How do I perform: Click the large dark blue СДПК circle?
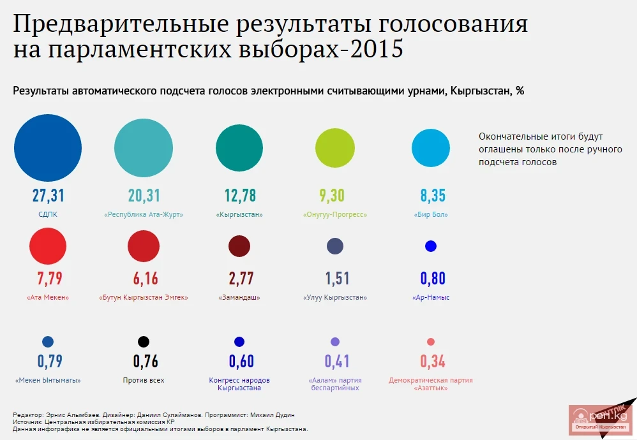(x=48, y=148)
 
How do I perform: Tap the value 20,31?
(x=144, y=195)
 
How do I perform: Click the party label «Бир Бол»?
(x=431, y=215)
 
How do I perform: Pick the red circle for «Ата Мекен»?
(x=48, y=246)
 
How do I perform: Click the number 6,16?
(x=144, y=278)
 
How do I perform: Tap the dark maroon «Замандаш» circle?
(x=239, y=246)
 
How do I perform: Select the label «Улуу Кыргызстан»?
(x=335, y=298)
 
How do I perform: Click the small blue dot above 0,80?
(x=431, y=246)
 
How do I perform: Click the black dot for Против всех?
(x=144, y=342)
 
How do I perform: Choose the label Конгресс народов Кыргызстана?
(x=239, y=384)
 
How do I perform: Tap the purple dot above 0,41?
(x=335, y=342)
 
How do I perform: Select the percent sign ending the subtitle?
(x=520, y=91)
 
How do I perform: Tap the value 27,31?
(x=49, y=195)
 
